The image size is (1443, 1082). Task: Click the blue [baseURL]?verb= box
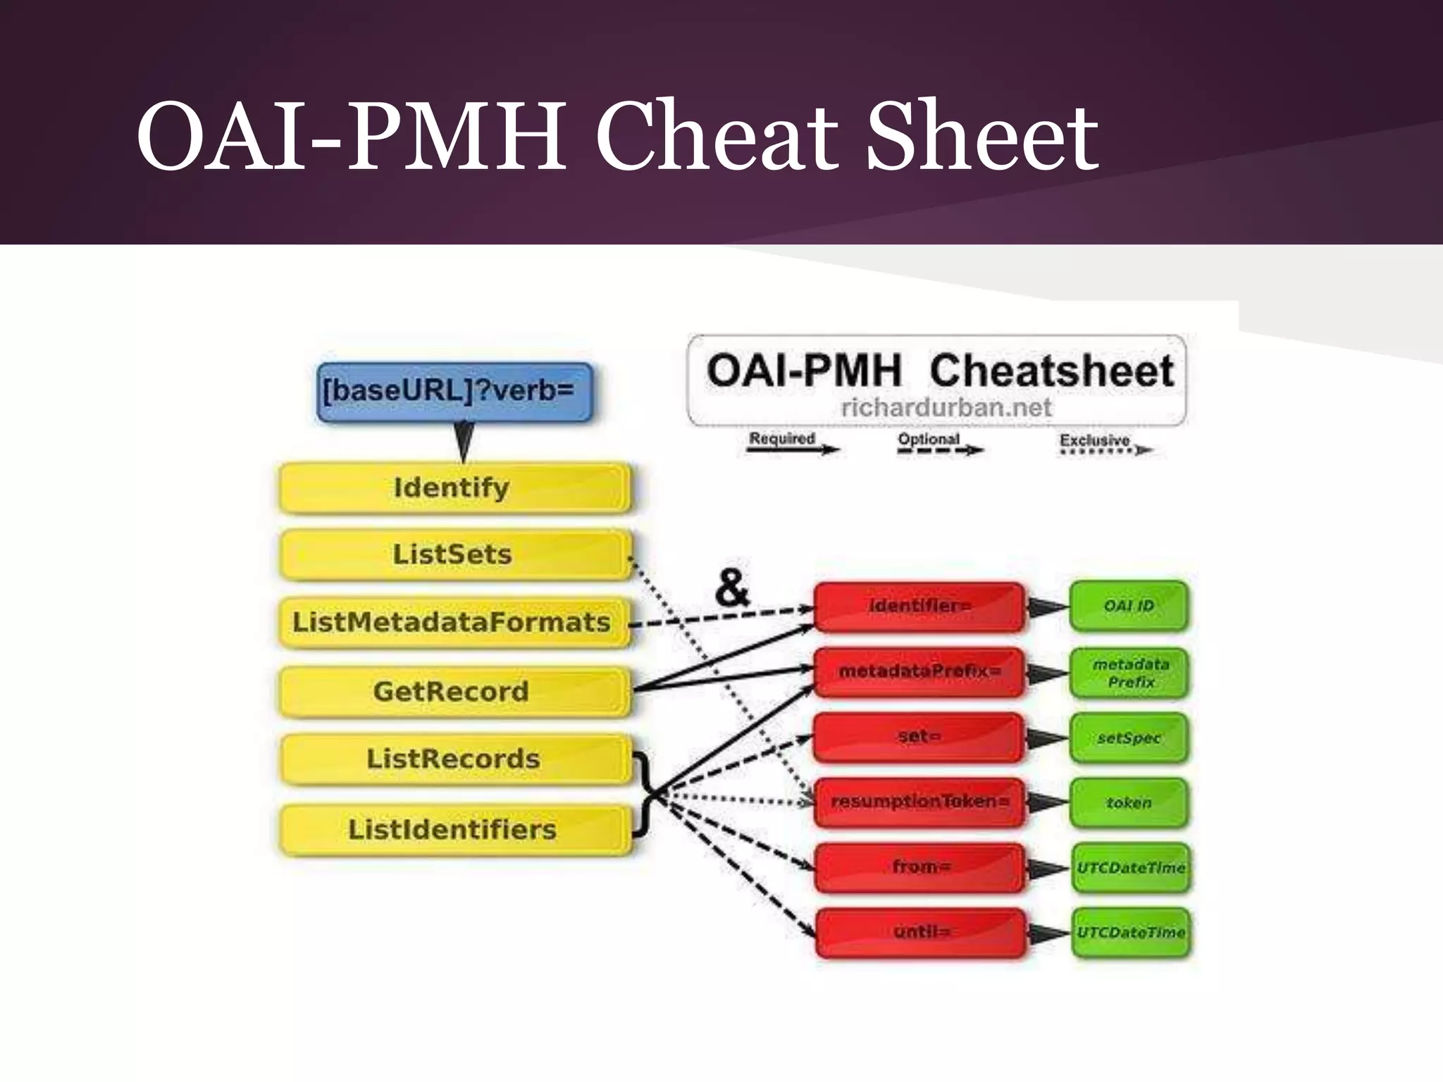(x=454, y=392)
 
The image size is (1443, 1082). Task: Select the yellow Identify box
(x=454, y=487)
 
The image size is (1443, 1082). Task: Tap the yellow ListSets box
(x=454, y=554)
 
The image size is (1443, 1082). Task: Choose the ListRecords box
(x=454, y=759)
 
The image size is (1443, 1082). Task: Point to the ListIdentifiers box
(x=454, y=830)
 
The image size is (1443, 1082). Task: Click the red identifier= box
(x=919, y=606)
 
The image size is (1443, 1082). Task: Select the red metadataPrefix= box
(x=919, y=671)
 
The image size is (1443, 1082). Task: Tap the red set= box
(x=919, y=737)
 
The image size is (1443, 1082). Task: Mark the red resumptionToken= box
(x=919, y=802)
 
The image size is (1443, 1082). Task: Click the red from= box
(x=920, y=867)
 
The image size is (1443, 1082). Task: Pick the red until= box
(x=920, y=933)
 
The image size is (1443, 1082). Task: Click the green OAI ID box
(x=1129, y=606)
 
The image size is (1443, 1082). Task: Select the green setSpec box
(x=1129, y=738)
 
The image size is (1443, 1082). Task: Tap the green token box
(x=1129, y=803)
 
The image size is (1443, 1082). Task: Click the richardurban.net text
(x=946, y=407)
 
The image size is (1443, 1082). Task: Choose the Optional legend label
(x=928, y=439)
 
